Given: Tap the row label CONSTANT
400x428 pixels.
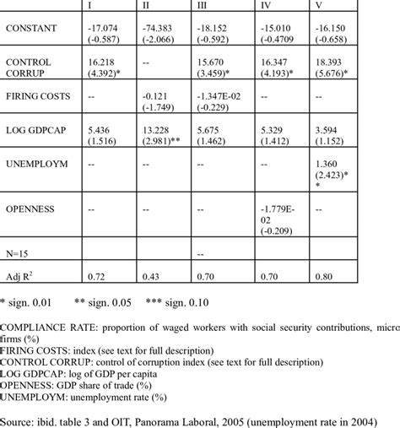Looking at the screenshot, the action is tap(32, 29).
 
